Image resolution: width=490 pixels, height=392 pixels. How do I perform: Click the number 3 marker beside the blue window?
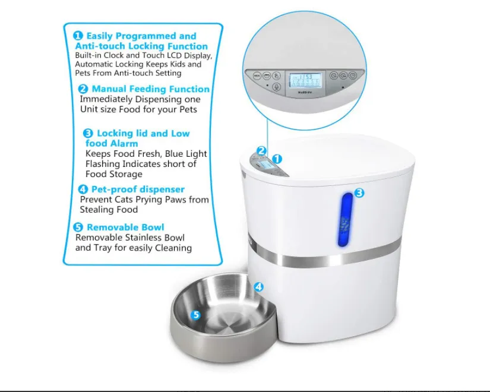359,192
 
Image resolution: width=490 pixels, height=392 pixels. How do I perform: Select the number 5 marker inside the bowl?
195,315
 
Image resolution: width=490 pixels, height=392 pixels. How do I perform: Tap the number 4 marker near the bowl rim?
258,286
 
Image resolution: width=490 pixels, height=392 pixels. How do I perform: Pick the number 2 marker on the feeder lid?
261,151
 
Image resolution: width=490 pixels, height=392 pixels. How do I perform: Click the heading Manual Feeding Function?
150,89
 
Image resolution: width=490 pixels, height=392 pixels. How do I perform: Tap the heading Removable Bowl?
125,227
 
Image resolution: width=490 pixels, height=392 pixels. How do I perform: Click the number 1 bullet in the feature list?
77,36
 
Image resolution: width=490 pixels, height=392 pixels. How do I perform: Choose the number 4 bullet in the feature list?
84,189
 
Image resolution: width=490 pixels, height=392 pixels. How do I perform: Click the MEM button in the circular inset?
257,76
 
